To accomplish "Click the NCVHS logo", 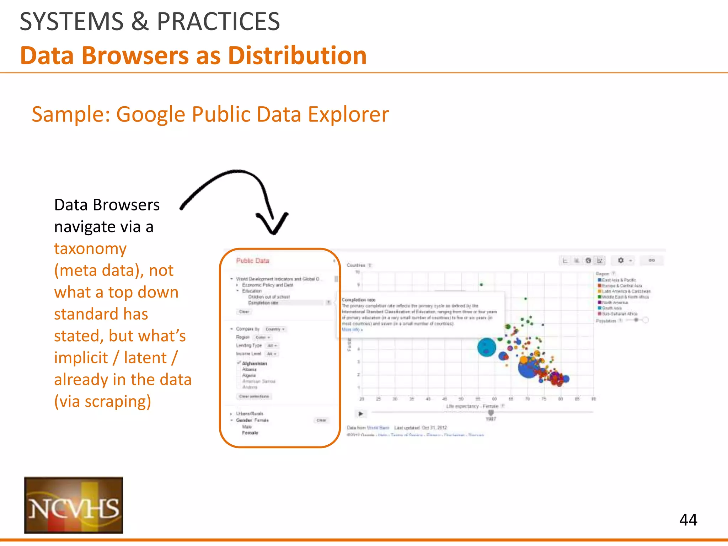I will click(74, 505).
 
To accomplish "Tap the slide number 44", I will click(688, 520).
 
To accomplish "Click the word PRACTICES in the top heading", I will click(218, 22).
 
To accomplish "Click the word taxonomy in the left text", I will click(90, 248).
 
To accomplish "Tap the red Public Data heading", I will click(253, 261).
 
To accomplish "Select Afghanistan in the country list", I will click(254, 363).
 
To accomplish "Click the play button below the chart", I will click(360, 414).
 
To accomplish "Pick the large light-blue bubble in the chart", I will click(486, 347).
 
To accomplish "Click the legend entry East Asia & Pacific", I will click(619, 280).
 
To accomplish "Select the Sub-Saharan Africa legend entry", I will click(619, 314).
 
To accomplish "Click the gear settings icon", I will click(621, 261).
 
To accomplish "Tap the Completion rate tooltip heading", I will click(358, 300).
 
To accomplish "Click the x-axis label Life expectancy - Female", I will click(472, 406).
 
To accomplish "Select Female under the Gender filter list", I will click(250, 433).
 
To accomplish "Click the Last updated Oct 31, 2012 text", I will click(421, 428).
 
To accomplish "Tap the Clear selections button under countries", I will click(254, 396).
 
